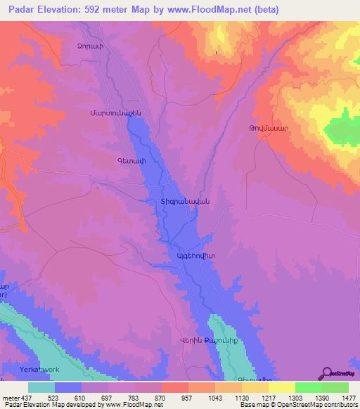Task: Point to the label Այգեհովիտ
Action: tap(193, 257)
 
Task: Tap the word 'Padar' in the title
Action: tap(18, 10)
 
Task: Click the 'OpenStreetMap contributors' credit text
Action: tap(317, 405)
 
